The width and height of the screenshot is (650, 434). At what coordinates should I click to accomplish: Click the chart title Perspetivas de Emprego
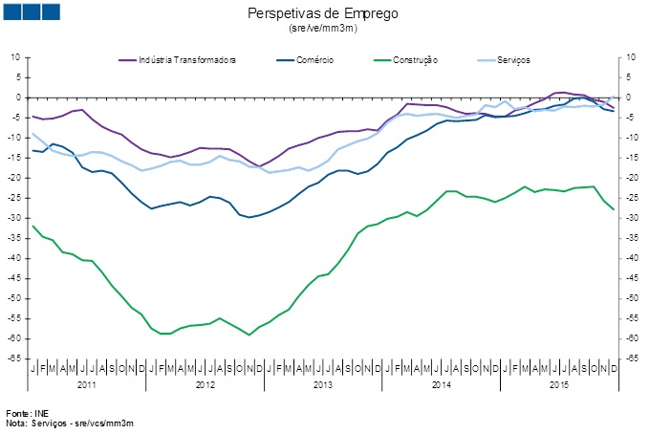click(322, 13)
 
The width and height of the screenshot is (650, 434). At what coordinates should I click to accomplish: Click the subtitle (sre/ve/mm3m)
click(322, 28)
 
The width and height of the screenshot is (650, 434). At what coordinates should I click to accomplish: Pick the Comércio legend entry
click(314, 60)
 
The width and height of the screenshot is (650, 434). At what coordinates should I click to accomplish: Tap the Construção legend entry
click(414, 60)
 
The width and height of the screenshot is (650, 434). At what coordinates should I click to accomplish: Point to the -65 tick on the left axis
click(15, 358)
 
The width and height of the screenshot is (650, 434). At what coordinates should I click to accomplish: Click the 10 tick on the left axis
click(15, 57)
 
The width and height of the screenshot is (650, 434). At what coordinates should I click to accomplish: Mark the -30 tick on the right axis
click(630, 218)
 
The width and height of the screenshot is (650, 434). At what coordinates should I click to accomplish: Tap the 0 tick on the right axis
click(627, 98)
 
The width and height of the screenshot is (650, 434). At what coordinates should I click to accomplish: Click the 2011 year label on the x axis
click(86, 384)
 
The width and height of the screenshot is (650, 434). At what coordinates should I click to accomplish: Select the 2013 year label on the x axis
click(323, 384)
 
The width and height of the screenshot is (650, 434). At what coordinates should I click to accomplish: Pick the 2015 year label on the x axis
click(559, 384)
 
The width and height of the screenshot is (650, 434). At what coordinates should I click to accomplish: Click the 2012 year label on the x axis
click(205, 384)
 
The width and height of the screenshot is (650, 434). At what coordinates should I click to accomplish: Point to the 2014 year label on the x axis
click(441, 384)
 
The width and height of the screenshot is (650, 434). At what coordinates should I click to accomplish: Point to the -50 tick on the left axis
click(15, 298)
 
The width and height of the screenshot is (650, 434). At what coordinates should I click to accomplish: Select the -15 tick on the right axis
click(630, 158)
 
